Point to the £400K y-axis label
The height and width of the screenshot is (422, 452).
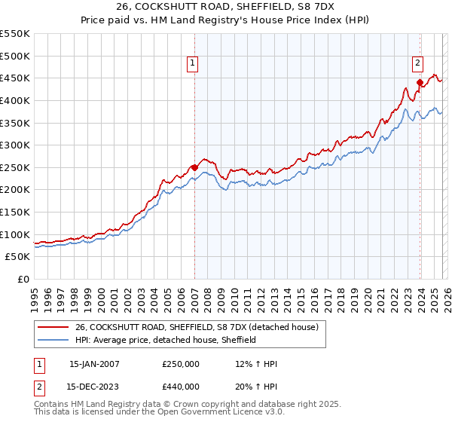tap(15, 100)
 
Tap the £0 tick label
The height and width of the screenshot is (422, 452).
tap(23, 280)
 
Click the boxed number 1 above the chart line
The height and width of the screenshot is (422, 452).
tap(194, 64)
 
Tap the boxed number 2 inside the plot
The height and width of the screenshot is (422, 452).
tap(417, 64)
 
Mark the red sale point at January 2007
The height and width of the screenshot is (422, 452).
tap(194, 167)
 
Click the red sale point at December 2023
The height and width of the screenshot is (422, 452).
tap(420, 82)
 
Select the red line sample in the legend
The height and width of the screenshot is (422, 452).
tap(53, 327)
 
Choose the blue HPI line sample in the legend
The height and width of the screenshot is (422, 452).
tap(53, 340)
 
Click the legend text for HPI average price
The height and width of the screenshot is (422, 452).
tap(166, 340)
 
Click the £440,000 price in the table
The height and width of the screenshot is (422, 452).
tap(181, 387)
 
